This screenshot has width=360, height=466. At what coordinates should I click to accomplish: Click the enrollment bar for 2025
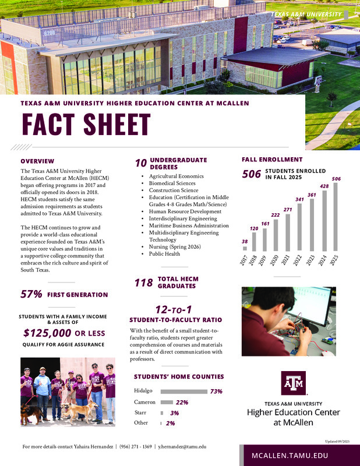pos(335,217)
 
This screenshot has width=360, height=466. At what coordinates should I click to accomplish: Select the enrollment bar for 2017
pos(245,248)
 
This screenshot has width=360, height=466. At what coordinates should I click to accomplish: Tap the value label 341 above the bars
pos(299,199)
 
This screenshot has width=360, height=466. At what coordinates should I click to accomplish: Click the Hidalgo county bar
pos(184,391)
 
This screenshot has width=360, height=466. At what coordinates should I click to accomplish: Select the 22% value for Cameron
pos(182,403)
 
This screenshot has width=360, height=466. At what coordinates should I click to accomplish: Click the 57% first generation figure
pos(31,295)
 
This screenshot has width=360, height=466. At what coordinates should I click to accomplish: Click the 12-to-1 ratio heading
pos(175,309)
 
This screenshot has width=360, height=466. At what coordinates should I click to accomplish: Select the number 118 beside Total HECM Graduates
pos(143,283)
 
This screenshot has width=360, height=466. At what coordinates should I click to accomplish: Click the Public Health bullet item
pos(164,254)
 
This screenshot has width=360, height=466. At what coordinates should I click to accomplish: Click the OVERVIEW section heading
pos(37,161)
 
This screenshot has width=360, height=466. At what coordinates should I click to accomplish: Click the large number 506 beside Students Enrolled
pos(251,174)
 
